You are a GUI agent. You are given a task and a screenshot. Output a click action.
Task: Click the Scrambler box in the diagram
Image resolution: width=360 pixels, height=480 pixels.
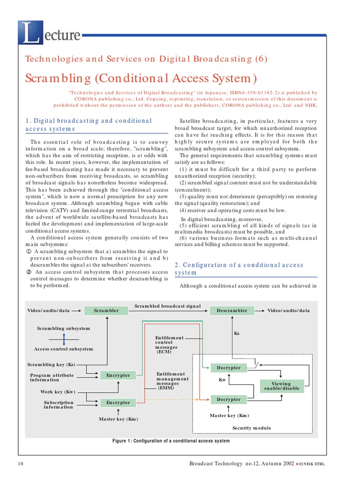pyautogui.click(x=106, y=310)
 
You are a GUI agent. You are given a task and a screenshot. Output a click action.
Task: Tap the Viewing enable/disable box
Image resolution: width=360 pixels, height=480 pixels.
pyautogui.click(x=281, y=386)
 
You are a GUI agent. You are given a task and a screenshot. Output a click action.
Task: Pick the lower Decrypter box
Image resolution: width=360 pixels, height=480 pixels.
pyautogui.click(x=228, y=399)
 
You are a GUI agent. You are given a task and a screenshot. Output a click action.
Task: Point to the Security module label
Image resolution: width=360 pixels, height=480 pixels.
pyautogui.click(x=251, y=428)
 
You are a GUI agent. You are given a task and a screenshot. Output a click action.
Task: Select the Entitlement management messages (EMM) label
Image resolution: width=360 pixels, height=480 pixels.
pyautogui.click(x=172, y=381)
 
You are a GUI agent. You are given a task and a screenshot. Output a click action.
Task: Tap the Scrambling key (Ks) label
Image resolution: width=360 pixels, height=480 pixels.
pyautogui.click(x=52, y=364)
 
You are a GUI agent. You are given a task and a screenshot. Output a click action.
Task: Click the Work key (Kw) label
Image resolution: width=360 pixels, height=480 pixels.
pyautogui.click(x=58, y=392)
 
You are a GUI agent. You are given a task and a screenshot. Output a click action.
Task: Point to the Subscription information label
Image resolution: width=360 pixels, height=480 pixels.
pyautogui.click(x=59, y=405)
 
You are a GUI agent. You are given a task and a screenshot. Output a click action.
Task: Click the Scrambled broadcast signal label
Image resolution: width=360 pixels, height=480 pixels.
pyautogui.click(x=167, y=306)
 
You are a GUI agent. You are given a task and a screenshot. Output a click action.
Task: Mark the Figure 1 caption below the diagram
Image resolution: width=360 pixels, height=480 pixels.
pyautogui.click(x=171, y=441)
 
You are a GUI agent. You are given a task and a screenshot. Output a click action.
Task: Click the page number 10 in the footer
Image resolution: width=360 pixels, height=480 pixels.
pyautogui.click(x=20, y=464)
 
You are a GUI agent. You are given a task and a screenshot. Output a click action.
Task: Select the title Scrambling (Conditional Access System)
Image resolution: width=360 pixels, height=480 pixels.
pyautogui.click(x=141, y=78)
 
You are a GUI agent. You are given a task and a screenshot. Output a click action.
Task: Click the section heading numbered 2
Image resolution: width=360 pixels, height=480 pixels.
pyautogui.click(x=239, y=269)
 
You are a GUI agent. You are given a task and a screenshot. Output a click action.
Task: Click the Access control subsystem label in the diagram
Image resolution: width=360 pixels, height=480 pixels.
pyautogui.click(x=63, y=349)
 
